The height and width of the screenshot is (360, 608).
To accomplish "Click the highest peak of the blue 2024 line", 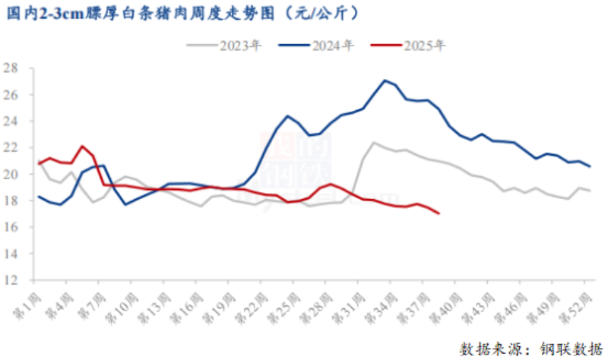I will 385,81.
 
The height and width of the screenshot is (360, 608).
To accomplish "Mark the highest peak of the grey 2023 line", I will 374,142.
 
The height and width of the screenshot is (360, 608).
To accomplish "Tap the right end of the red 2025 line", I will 439,213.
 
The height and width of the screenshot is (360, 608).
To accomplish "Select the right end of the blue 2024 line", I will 590,166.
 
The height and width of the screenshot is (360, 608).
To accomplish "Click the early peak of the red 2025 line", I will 82,146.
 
